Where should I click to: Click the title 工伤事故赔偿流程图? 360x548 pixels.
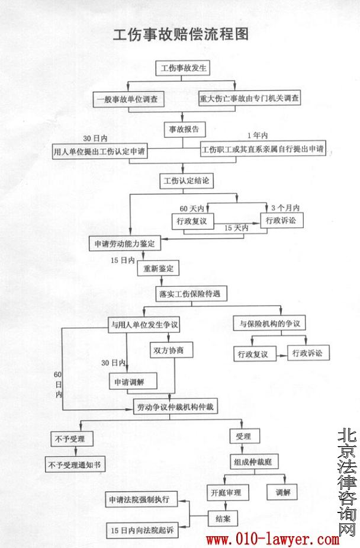pos(181,34)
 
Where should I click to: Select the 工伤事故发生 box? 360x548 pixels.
pos(183,68)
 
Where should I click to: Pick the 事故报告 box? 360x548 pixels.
pos(184,128)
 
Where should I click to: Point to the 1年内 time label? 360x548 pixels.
pos(258,136)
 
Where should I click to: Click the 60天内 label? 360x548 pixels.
pos(192,208)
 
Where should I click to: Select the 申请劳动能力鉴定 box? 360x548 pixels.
pos(124,243)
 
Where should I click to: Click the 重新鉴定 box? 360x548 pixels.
pos(158,268)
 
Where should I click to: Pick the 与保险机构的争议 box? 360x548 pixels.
pos(271,324)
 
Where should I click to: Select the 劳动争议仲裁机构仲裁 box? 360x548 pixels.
pos(170,407)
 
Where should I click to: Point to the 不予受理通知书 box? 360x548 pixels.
pos(76,464)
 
